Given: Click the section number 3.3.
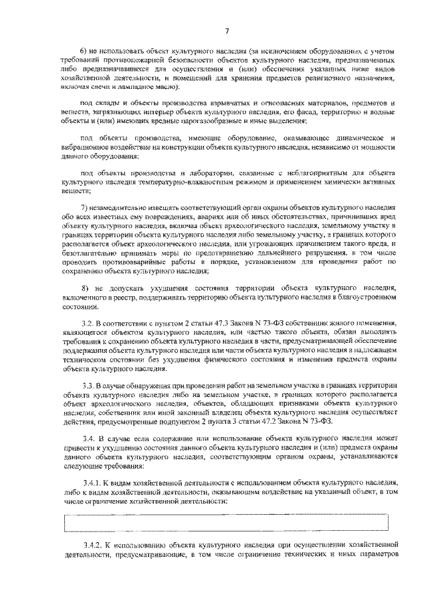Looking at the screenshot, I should tap(86, 386).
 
